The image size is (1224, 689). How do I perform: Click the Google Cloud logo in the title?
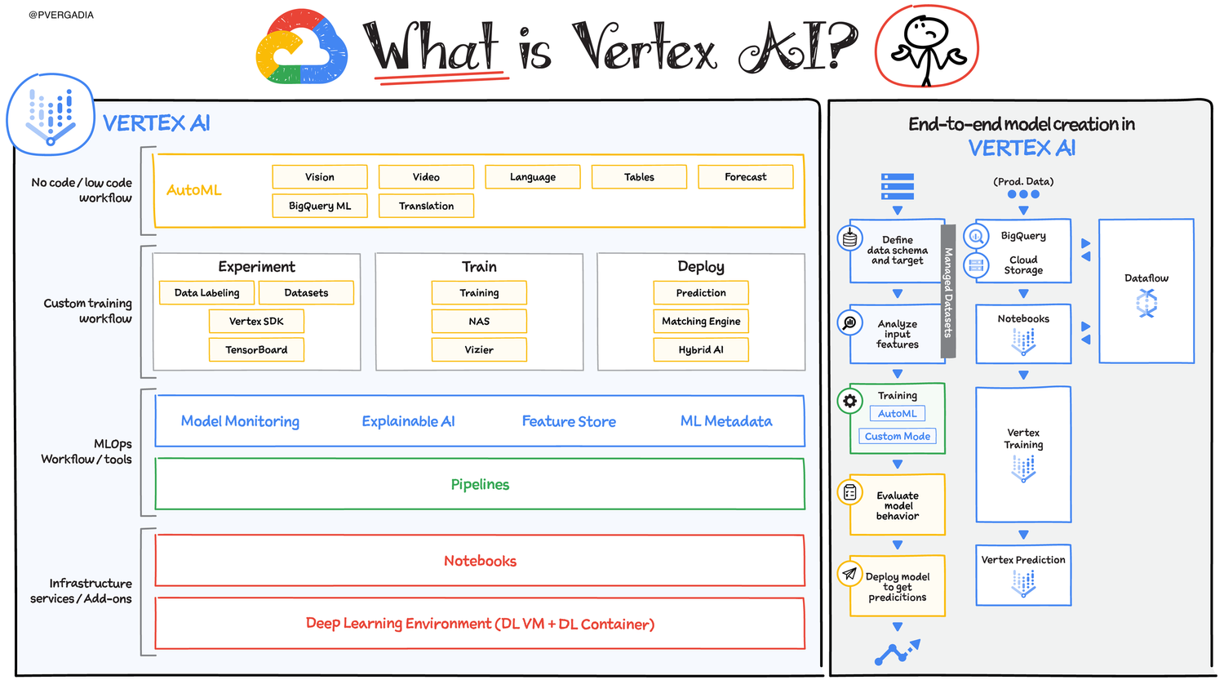coord(301,47)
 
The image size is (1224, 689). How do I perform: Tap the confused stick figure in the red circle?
coord(927,47)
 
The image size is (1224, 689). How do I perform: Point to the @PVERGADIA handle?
coord(61,15)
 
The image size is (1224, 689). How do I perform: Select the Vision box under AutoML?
coord(320,177)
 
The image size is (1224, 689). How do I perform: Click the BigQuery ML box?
coord(320,206)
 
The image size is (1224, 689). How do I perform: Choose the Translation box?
coord(426,206)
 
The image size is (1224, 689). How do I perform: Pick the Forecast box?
coord(745,177)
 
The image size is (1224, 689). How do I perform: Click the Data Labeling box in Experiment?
coord(207,293)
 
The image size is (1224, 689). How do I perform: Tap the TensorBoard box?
coord(256,349)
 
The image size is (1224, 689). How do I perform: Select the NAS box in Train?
coord(479,322)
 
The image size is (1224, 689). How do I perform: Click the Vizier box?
coord(479,349)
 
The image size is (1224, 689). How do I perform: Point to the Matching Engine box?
coord(701,322)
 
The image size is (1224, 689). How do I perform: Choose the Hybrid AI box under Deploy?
coord(701,349)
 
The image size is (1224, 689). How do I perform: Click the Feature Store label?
coord(569,421)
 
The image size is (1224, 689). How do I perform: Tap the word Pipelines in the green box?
coord(480,484)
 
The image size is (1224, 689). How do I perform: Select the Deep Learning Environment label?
coord(480,624)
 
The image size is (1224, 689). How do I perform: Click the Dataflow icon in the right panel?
coord(1146,304)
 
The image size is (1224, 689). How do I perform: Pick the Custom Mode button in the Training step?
coord(898,437)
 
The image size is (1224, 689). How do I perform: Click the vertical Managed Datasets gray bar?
coord(948,291)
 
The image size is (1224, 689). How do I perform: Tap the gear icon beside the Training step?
coord(850,401)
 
